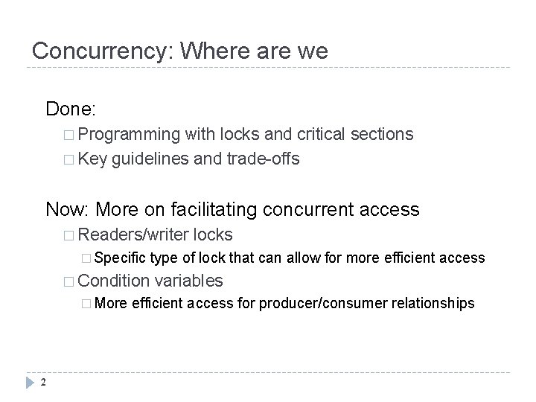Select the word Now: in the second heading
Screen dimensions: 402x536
pos(68,209)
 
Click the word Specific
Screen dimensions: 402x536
pos(120,258)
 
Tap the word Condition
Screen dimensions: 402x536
pos(112,280)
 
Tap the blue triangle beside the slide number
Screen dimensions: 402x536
pos(31,383)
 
